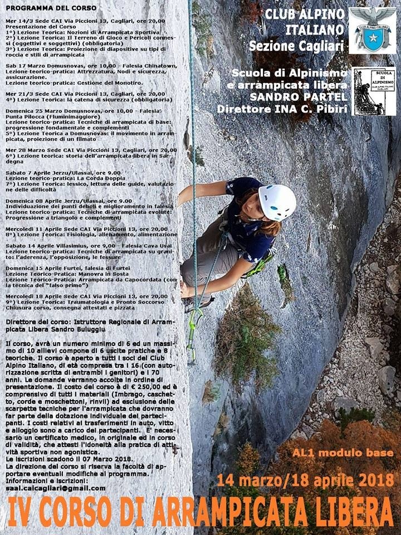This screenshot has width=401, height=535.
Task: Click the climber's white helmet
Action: pyautogui.click(x=277, y=202)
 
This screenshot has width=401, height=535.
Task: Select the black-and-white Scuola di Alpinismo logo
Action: pyautogui.click(x=374, y=91)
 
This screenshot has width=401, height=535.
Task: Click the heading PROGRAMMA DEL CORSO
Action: pyautogui.click(x=51, y=8)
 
